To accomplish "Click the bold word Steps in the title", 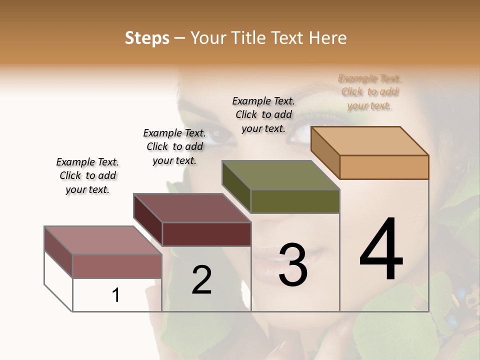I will (147, 38).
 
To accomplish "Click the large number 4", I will (381, 249).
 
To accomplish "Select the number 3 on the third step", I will (292, 265).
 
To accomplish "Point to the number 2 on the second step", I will (201, 280).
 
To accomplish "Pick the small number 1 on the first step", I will (116, 295).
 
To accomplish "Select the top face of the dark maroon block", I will (192, 208).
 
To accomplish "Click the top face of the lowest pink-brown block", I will (103, 240).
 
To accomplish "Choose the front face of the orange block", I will (384, 167).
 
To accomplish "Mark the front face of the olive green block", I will (295, 201).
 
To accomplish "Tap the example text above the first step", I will (87, 175).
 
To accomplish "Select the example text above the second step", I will (174, 146).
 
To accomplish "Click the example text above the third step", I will (263, 114).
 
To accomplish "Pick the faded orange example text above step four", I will (369, 92).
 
